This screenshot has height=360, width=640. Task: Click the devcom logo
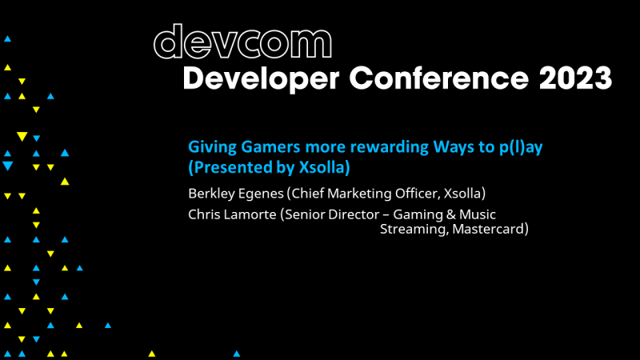(x=242, y=42)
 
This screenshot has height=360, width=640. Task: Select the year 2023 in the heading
(x=574, y=79)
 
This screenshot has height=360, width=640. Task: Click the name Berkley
(x=210, y=194)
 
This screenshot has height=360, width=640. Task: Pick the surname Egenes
(x=261, y=194)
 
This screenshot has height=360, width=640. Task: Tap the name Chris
(x=204, y=214)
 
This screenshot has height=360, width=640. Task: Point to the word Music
(x=478, y=214)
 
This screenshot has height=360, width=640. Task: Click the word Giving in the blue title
(x=208, y=148)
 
